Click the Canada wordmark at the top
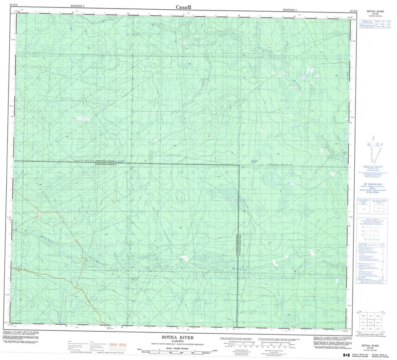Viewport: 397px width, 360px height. [x=184, y=7]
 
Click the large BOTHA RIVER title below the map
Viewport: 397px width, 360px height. [x=183, y=337]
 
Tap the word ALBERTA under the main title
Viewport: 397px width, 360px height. [x=183, y=342]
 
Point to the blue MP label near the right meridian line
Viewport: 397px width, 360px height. [x=254, y=162]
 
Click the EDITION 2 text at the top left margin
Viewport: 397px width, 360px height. [x=78, y=7]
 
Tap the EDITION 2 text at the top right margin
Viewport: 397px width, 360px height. [x=290, y=10]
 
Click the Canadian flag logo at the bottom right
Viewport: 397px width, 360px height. [x=345, y=355]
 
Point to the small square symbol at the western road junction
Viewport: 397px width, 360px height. [x=40, y=213]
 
